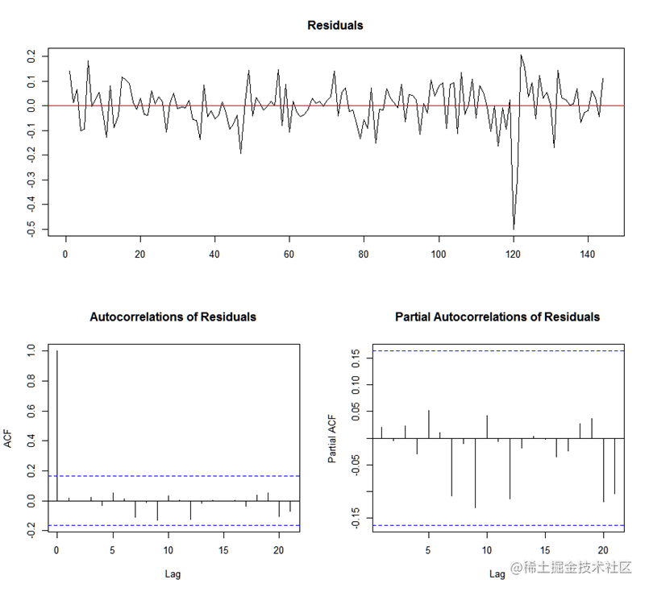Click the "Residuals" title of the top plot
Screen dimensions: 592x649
point(335,25)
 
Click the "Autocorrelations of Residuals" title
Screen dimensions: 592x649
point(173,317)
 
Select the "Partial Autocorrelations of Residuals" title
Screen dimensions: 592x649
point(497,317)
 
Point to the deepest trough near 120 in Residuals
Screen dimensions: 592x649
point(514,228)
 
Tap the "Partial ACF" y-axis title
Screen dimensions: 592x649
point(331,439)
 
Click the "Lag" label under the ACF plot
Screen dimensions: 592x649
point(173,574)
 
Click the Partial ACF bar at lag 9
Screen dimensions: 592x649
point(475,473)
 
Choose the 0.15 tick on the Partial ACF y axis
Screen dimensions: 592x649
point(354,357)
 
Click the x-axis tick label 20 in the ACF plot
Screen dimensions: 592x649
point(279,550)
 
